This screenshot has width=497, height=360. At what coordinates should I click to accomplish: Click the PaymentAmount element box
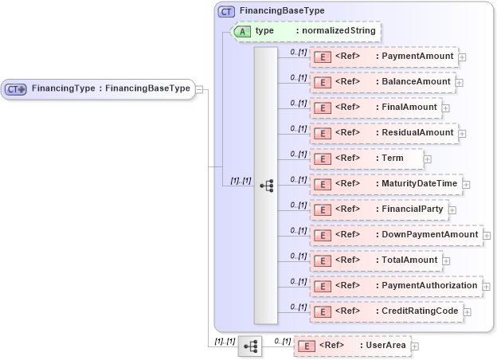coord(383,57)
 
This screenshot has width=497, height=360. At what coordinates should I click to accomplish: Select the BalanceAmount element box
coord(382,82)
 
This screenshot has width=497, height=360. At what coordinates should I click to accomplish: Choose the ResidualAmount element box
coord(384,133)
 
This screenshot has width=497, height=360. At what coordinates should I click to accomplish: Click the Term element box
coord(366,158)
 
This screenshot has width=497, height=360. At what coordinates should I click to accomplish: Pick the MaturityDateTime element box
coord(385,184)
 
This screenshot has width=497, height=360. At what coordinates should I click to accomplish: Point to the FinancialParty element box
coord(378,209)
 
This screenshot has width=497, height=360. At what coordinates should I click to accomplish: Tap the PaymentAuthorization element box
coord(395,286)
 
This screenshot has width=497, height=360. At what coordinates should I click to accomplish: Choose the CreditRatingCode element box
coord(385,311)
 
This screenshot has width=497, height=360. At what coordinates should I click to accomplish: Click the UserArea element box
coord(350,346)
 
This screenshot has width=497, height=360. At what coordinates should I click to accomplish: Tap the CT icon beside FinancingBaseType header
coord(226,11)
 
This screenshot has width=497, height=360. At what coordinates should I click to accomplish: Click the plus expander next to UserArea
coord(414,346)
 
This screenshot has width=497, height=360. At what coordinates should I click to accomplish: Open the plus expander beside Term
coord(428,159)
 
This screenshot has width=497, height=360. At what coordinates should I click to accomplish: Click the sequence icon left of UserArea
coord(250,346)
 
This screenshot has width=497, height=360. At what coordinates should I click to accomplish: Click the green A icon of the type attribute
coord(243,31)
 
